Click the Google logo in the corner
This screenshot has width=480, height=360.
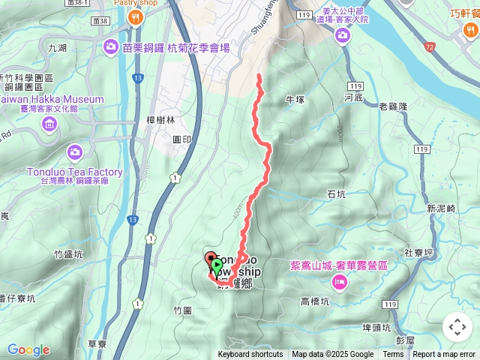tap(28, 349)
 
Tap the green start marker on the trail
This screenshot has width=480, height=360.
tap(217, 265)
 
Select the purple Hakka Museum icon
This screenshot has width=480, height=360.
tap(49, 123)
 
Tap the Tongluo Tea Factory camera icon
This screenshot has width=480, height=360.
tap(73, 152)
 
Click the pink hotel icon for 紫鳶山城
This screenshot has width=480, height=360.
tap(339, 281)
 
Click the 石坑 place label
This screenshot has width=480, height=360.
tap(337, 194)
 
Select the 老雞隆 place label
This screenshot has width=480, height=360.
tap(393, 106)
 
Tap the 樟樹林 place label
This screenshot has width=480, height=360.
tap(160, 119)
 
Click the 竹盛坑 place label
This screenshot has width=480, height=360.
tap(68, 254)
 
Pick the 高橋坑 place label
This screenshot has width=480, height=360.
tap(315, 301)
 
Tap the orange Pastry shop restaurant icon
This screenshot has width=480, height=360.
tap(136, 17)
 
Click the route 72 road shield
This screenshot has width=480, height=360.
tap(430, 47)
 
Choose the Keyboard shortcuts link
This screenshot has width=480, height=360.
tap(250, 355)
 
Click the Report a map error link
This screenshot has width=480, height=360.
tap(444, 355)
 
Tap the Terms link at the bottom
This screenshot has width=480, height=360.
tap(393, 355)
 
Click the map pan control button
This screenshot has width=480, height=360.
tap(457, 327)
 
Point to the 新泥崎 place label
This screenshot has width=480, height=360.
tap(441, 208)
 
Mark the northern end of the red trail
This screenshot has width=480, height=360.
tap(259, 75)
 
